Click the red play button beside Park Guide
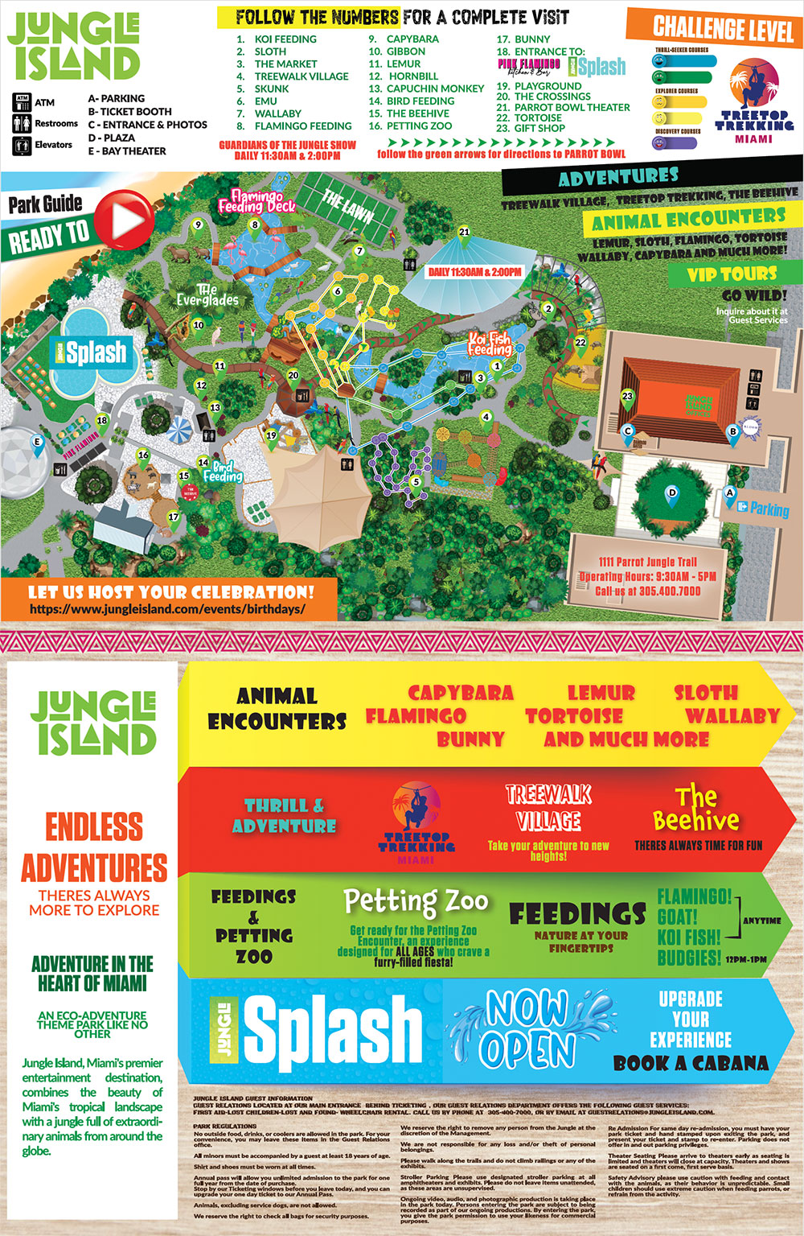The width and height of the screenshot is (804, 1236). pyautogui.click(x=124, y=218)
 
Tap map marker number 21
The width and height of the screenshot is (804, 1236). pyautogui.click(x=464, y=233)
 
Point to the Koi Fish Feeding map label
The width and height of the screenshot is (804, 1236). pyautogui.click(x=490, y=344)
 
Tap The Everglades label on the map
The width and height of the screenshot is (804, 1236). pyautogui.click(x=207, y=295)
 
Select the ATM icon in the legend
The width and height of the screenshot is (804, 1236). pyautogui.click(x=22, y=102)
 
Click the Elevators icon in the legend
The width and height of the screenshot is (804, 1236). pyautogui.click(x=22, y=146)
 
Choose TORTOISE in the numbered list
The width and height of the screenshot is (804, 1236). pyautogui.click(x=537, y=117)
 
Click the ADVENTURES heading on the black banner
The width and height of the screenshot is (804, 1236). pyautogui.click(x=617, y=177)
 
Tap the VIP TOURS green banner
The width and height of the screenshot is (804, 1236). pyautogui.click(x=731, y=274)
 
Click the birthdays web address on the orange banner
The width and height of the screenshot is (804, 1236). pyautogui.click(x=167, y=609)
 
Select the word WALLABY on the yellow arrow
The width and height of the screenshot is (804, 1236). pyautogui.click(x=732, y=715)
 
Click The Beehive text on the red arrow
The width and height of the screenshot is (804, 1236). pyautogui.click(x=695, y=809)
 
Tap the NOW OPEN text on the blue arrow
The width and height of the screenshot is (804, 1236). pyautogui.click(x=527, y=1028)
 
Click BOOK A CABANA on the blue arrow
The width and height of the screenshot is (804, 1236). pyautogui.click(x=690, y=1063)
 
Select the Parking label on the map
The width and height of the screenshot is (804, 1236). pyautogui.click(x=769, y=509)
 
